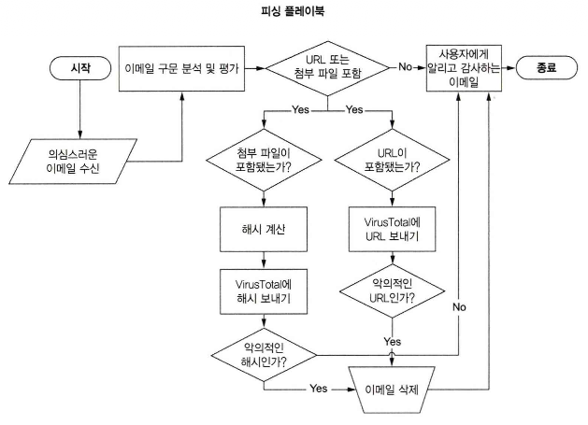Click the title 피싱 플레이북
pos(294,14)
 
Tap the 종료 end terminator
pos(544,68)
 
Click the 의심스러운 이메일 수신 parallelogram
pos(79,161)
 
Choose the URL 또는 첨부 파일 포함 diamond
pos(326,68)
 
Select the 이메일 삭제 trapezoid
pos(390,386)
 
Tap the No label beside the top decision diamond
pos(405,68)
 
